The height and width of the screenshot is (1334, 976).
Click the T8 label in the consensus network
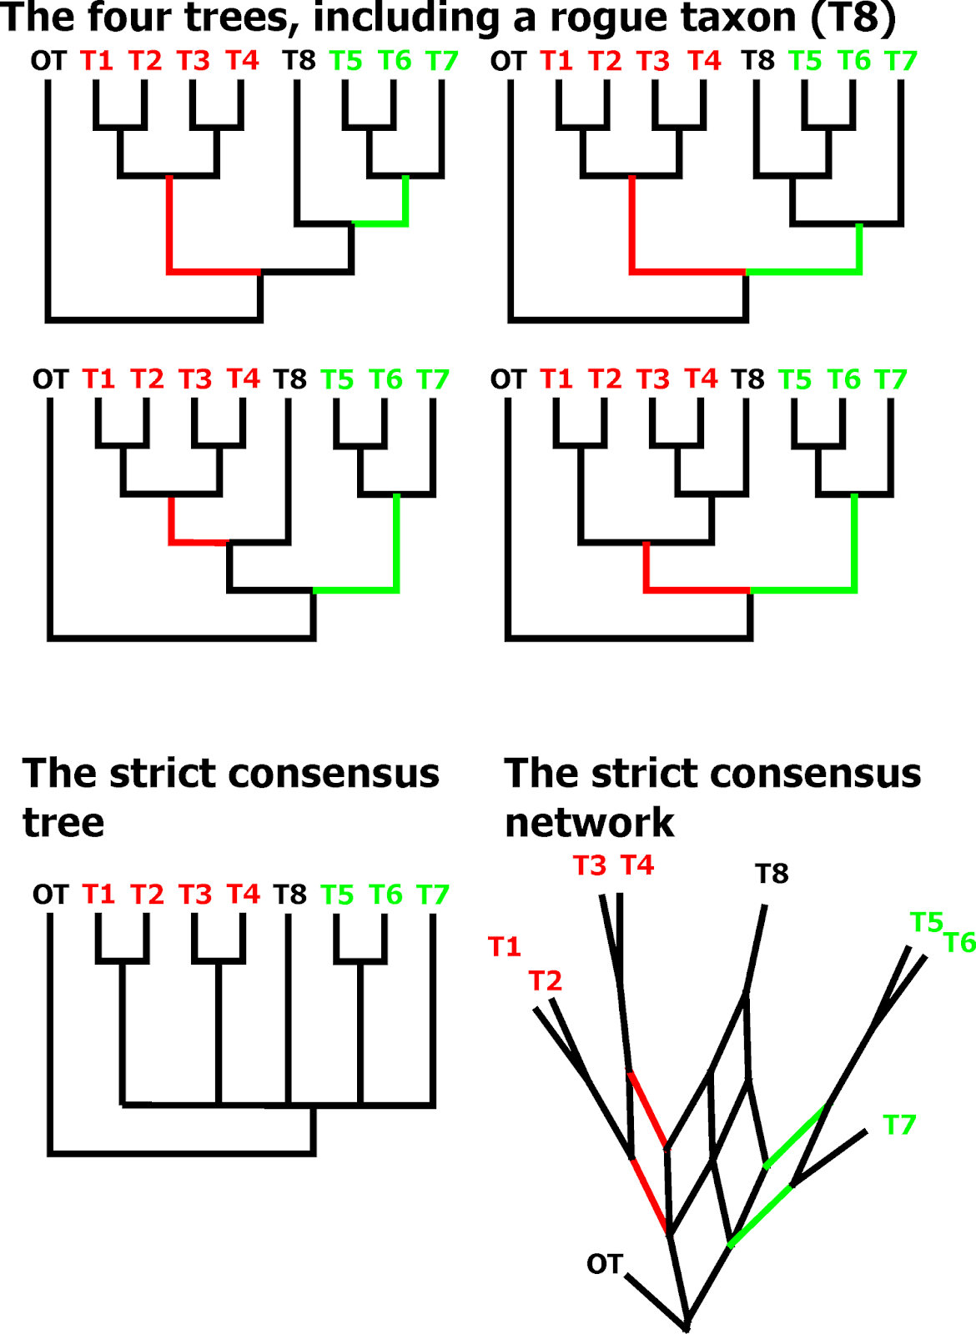[x=772, y=874]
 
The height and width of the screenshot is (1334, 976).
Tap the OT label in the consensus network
[x=604, y=1264]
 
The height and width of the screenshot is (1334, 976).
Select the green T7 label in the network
[x=899, y=1125]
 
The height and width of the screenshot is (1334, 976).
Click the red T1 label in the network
[x=505, y=946]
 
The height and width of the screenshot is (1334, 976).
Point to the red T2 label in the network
[x=546, y=980]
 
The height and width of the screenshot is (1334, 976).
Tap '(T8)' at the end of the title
[x=853, y=18]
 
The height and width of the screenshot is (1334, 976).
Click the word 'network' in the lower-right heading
[x=589, y=823]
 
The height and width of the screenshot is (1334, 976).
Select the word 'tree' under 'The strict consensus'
[x=63, y=823]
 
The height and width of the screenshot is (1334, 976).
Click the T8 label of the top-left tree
[x=299, y=60]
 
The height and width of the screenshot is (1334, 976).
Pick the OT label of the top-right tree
[x=508, y=61]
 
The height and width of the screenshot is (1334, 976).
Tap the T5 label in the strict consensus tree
[x=338, y=895]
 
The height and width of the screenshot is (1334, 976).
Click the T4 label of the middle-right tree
[x=702, y=379]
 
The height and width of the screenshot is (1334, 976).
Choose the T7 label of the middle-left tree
[x=433, y=379]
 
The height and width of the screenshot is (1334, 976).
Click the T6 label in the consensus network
[x=959, y=943]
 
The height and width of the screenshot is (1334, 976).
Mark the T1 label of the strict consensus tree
[x=98, y=895]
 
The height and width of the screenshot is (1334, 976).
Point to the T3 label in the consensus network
[x=590, y=866]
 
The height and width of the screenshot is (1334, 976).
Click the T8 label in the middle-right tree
[x=747, y=379]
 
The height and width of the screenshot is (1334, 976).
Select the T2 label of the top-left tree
[x=145, y=60]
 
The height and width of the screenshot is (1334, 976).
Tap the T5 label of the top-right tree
[x=805, y=61]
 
